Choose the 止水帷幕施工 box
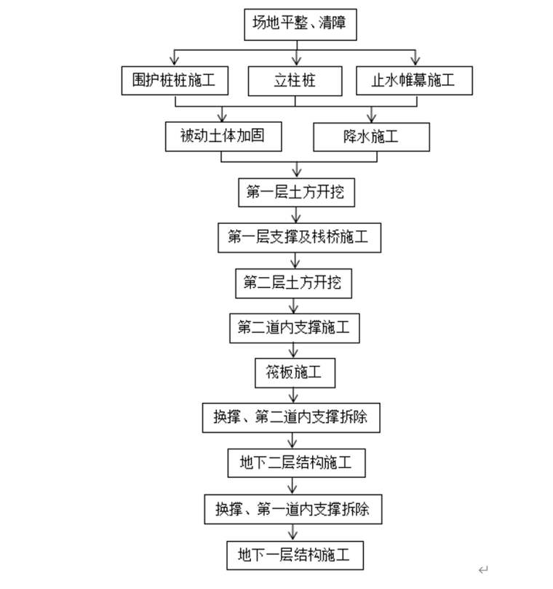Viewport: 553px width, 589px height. click(414, 81)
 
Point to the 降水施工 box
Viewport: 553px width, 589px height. click(372, 136)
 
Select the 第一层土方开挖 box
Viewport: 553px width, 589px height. click(296, 192)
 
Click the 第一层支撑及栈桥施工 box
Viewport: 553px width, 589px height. click(299, 237)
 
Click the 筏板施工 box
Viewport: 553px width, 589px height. click(294, 373)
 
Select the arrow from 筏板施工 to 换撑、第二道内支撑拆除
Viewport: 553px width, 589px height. click(294, 395)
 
